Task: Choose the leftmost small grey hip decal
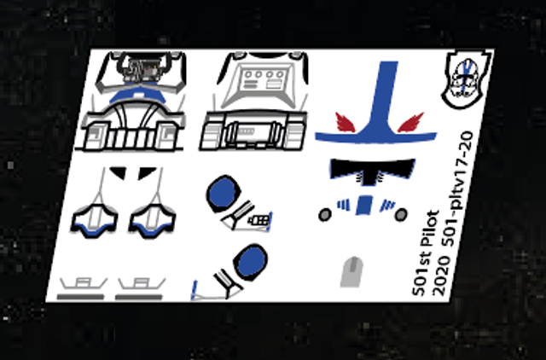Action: [81, 287]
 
